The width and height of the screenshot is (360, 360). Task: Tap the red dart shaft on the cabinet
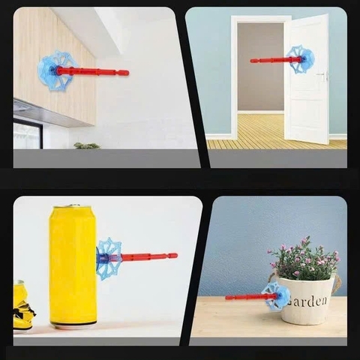click(x=92, y=72)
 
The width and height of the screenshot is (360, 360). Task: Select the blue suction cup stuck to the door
click(x=303, y=59)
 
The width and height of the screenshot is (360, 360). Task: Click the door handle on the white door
click(x=322, y=75)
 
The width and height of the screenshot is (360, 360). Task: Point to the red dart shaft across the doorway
click(x=276, y=60)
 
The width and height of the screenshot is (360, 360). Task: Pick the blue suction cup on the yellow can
click(x=108, y=259)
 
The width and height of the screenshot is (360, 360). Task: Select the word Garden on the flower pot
click(x=307, y=301)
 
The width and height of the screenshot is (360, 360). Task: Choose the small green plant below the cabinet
click(x=87, y=145)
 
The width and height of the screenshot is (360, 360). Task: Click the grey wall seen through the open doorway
click(x=260, y=67)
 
